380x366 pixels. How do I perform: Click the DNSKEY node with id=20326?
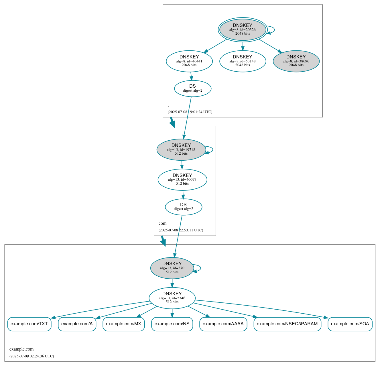(243, 29)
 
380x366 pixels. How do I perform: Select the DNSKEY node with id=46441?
(189, 61)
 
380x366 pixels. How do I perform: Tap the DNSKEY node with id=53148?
(243, 61)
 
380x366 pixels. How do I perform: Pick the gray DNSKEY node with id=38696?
(296, 61)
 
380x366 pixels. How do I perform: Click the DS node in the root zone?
(192, 88)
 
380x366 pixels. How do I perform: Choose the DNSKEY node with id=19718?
(181, 149)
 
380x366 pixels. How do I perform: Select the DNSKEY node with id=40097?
(182, 180)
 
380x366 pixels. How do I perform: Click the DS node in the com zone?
(183, 207)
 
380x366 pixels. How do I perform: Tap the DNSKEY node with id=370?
(172, 268)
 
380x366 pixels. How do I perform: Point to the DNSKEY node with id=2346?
(172, 298)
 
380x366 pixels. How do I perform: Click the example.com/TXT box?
(29, 324)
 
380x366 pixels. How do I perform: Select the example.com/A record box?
(77, 324)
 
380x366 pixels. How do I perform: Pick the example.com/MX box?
(123, 324)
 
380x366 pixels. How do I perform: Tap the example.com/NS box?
(172, 324)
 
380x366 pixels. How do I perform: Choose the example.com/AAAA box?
(223, 324)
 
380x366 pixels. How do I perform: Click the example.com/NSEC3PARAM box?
(287, 324)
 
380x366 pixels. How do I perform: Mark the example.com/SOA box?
(350, 324)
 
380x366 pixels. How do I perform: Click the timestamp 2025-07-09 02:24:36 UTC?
(31, 356)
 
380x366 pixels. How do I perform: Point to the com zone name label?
(162, 223)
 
